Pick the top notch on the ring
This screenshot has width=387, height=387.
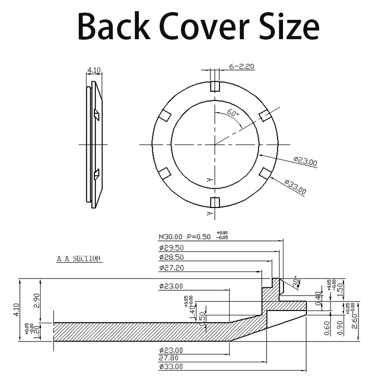coord(215,87)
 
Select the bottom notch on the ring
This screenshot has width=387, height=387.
coord(215,202)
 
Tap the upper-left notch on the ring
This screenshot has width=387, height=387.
coord(165,116)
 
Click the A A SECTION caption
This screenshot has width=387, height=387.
coord(78,259)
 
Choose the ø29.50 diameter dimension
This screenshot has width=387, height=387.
coord(171,247)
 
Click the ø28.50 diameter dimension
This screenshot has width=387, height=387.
coord(171,257)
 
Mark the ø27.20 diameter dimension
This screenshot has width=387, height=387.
coord(171,267)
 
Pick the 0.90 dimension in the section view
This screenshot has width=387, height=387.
coord(341,328)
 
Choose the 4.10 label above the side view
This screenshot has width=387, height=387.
coord(93,70)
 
